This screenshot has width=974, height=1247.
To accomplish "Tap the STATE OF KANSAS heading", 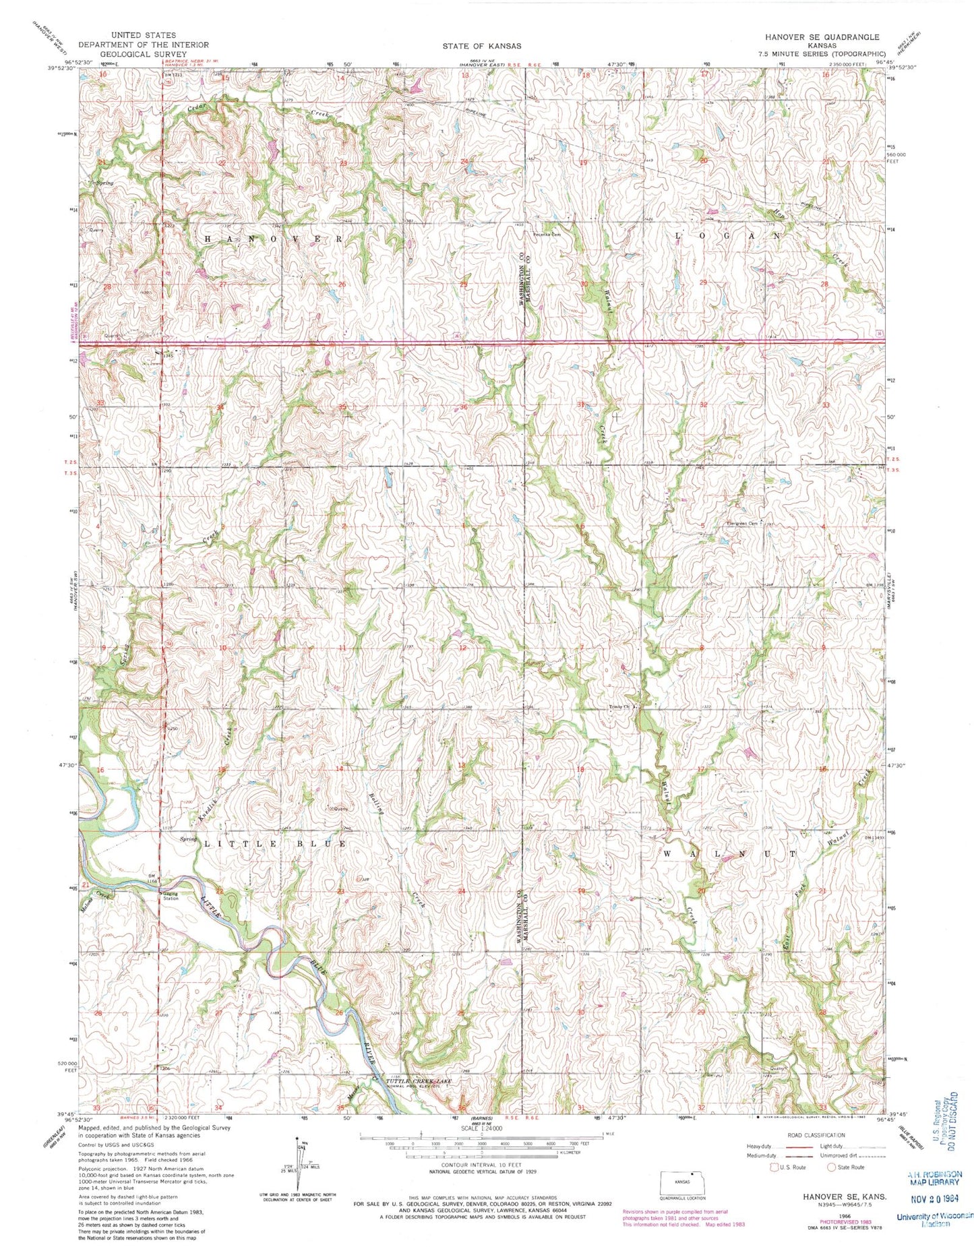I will (481, 46).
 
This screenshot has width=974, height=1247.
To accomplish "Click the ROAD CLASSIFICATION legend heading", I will (816, 1135).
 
